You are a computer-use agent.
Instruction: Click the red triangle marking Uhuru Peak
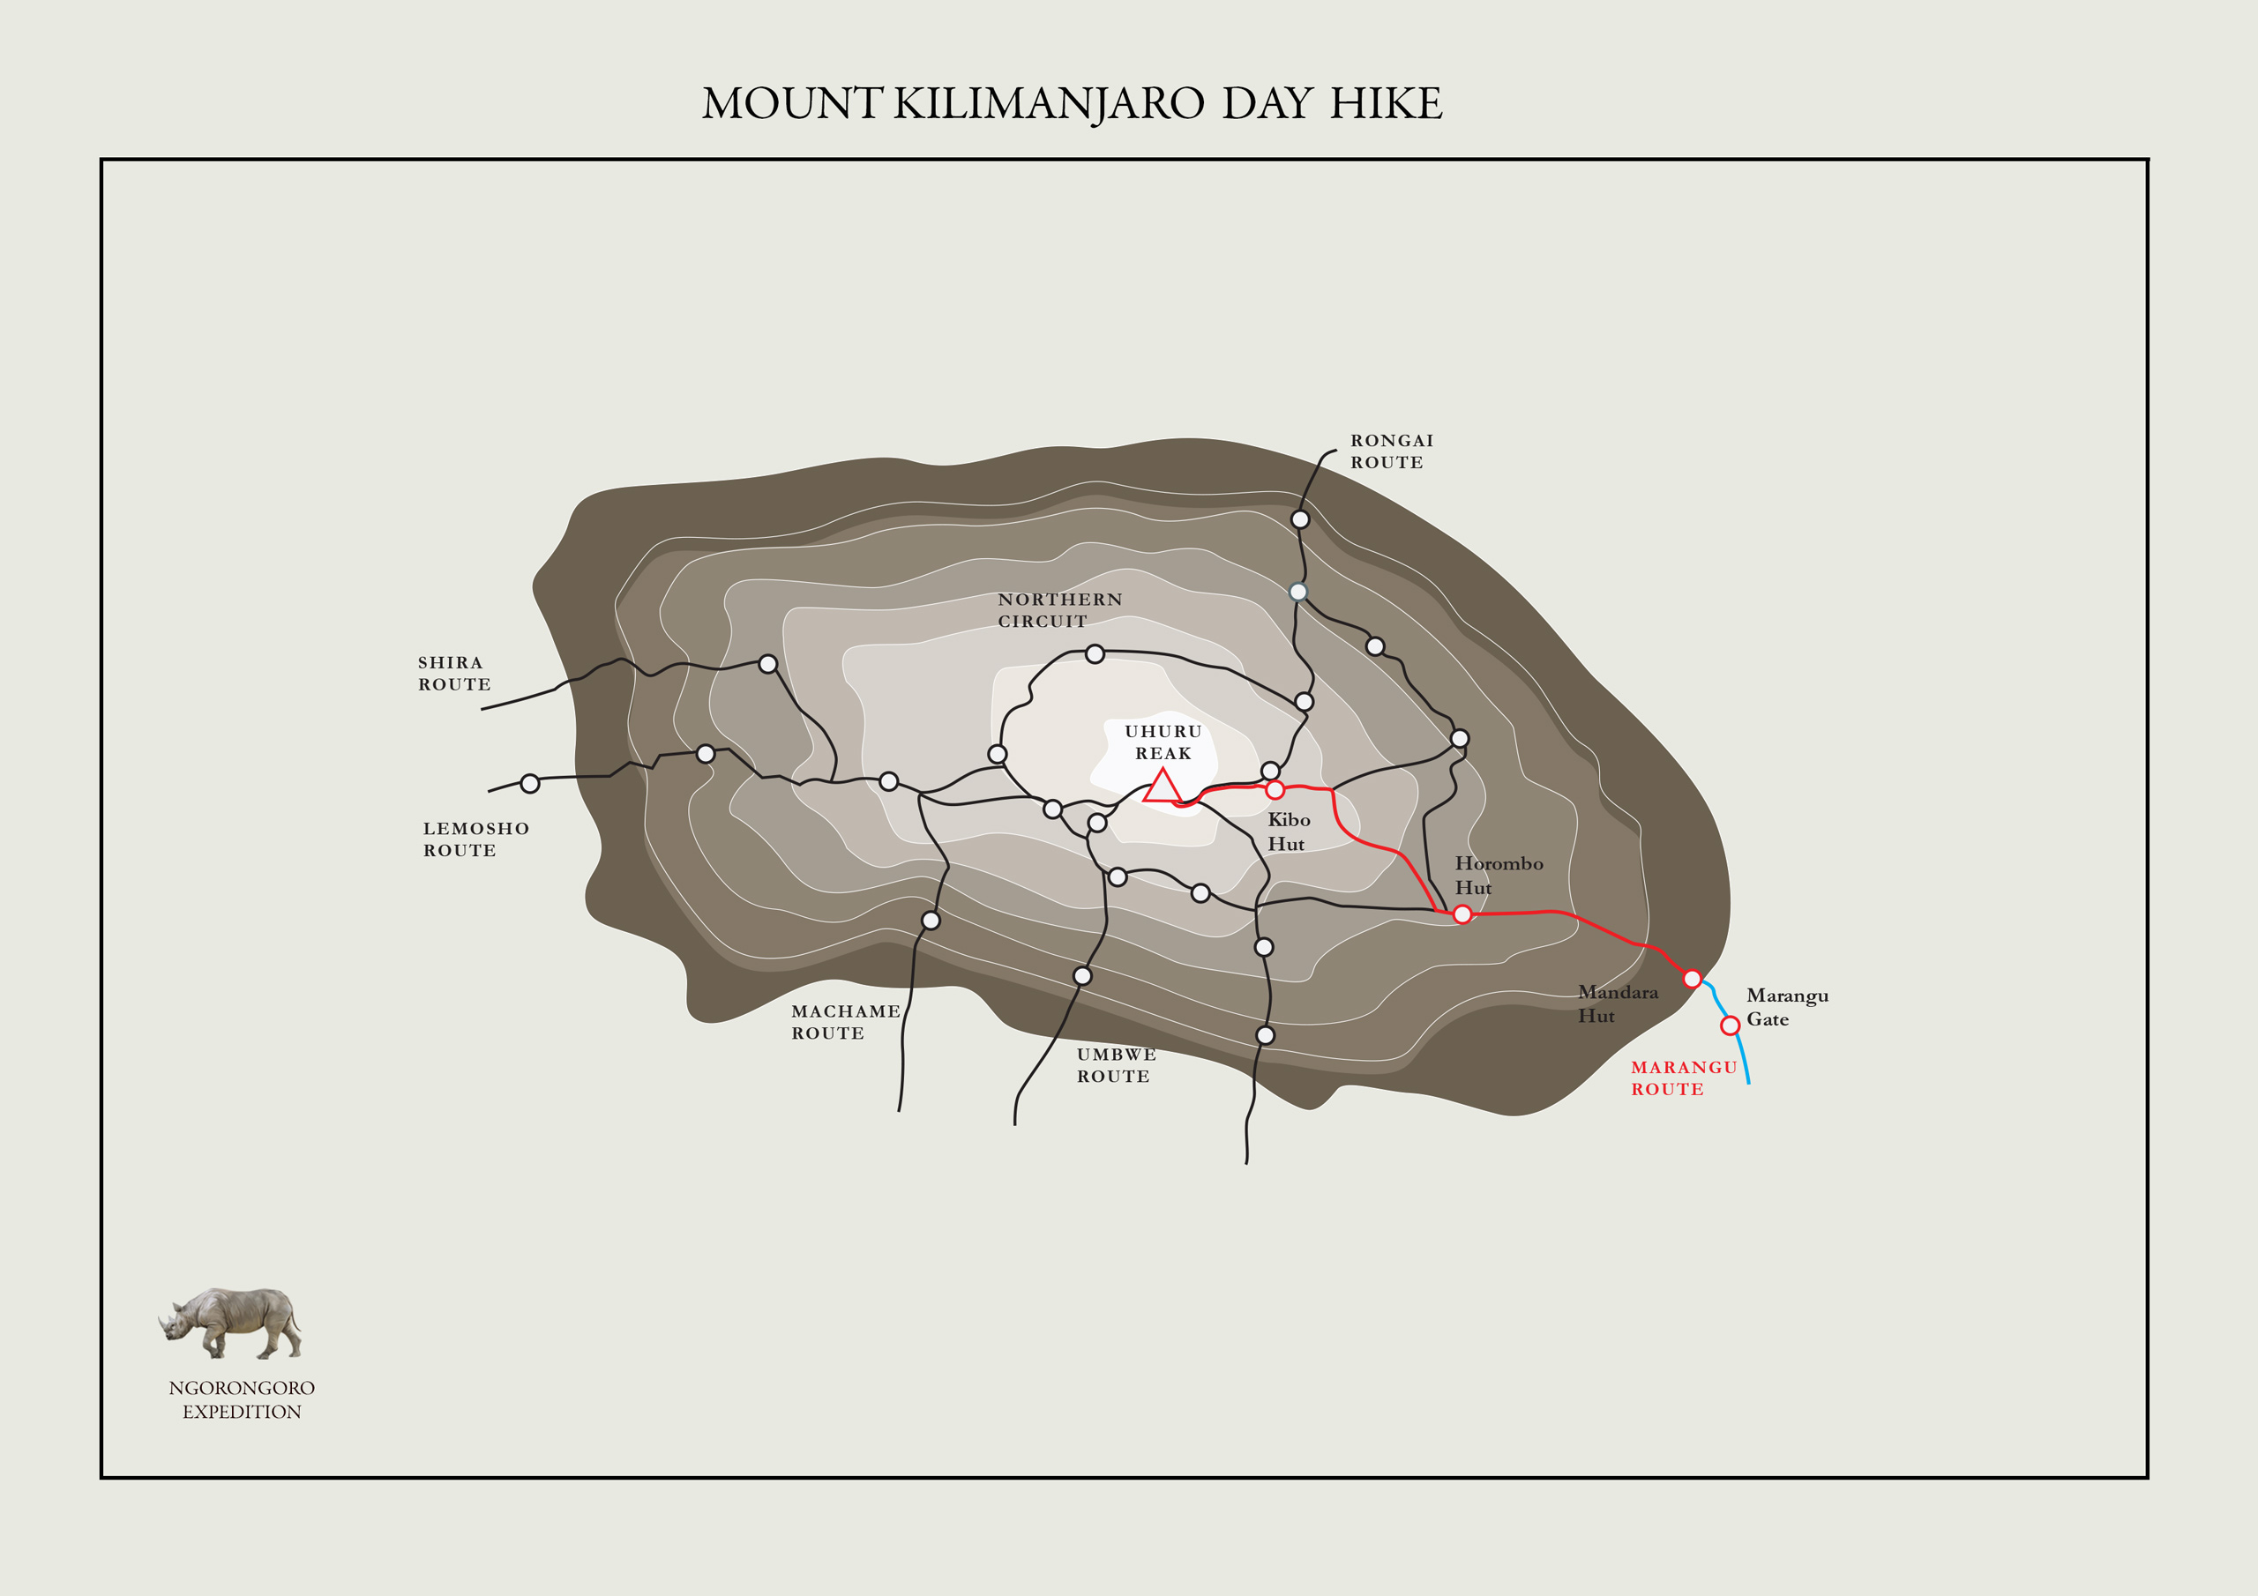(x=1163, y=787)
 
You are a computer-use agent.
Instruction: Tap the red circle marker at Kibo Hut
(x=1275, y=790)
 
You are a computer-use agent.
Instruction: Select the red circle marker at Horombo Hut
(x=1462, y=914)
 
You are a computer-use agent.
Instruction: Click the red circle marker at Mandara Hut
(x=1692, y=979)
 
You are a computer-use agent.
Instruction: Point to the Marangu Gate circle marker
(x=1730, y=1025)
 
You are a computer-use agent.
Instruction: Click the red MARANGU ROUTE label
(x=1683, y=1078)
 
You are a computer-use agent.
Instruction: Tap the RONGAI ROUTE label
(x=1391, y=451)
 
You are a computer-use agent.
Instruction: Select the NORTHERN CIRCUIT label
(x=1059, y=609)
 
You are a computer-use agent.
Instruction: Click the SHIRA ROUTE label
(x=453, y=674)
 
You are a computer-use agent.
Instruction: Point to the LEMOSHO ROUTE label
(x=476, y=839)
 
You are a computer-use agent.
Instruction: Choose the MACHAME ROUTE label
(x=845, y=1022)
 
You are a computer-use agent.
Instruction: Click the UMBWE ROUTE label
(x=1115, y=1065)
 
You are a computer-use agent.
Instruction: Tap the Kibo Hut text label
(x=1289, y=831)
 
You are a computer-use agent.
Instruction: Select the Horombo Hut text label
(x=1498, y=874)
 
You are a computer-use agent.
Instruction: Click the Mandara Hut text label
(x=1617, y=1003)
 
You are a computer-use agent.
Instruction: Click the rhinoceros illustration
(x=231, y=1322)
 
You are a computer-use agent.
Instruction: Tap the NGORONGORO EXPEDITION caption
(x=242, y=1399)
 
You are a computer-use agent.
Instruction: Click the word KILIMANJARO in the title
(x=1049, y=103)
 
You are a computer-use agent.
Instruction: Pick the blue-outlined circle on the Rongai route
(x=1298, y=592)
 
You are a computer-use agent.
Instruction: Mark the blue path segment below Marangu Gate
(x=1743, y=1060)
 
